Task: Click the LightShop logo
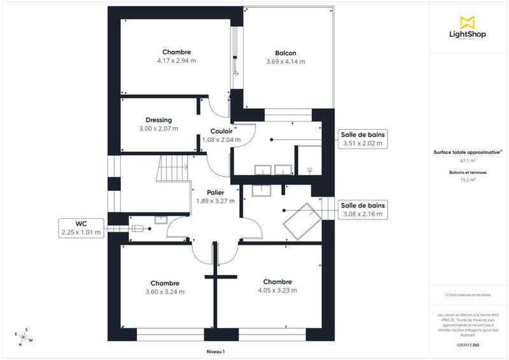point(468,28)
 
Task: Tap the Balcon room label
point(286,53)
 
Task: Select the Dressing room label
point(158,120)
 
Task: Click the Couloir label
point(221,131)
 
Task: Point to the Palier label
point(215,192)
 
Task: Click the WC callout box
point(81,228)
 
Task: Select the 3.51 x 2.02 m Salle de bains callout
point(363,139)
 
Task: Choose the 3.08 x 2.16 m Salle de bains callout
point(363,210)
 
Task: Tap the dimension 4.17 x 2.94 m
point(176,61)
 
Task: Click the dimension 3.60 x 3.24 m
point(165,292)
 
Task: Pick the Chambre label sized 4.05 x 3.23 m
point(277,282)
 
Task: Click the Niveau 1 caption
point(216,351)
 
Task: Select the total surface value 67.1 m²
point(468,161)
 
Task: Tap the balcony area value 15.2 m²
point(468,180)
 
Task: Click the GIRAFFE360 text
point(468,343)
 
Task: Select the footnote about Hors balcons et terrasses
point(468,296)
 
